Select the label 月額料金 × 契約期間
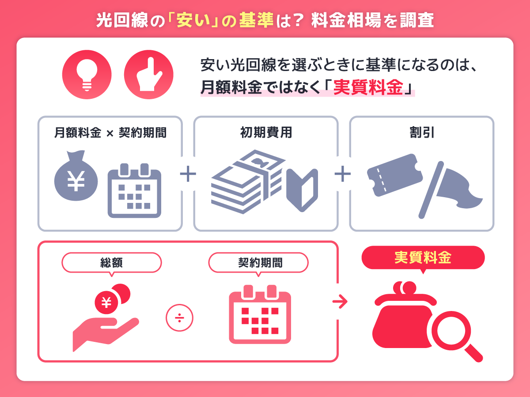pos(110,132)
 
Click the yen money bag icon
pos(76,179)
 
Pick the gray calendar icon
pos(135,191)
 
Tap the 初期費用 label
pos(266,132)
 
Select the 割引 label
pos(422,132)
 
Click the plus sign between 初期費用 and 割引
pos(343,174)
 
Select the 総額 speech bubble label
pos(111,263)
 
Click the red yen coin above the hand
pos(106,302)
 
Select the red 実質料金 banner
pos(423,258)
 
